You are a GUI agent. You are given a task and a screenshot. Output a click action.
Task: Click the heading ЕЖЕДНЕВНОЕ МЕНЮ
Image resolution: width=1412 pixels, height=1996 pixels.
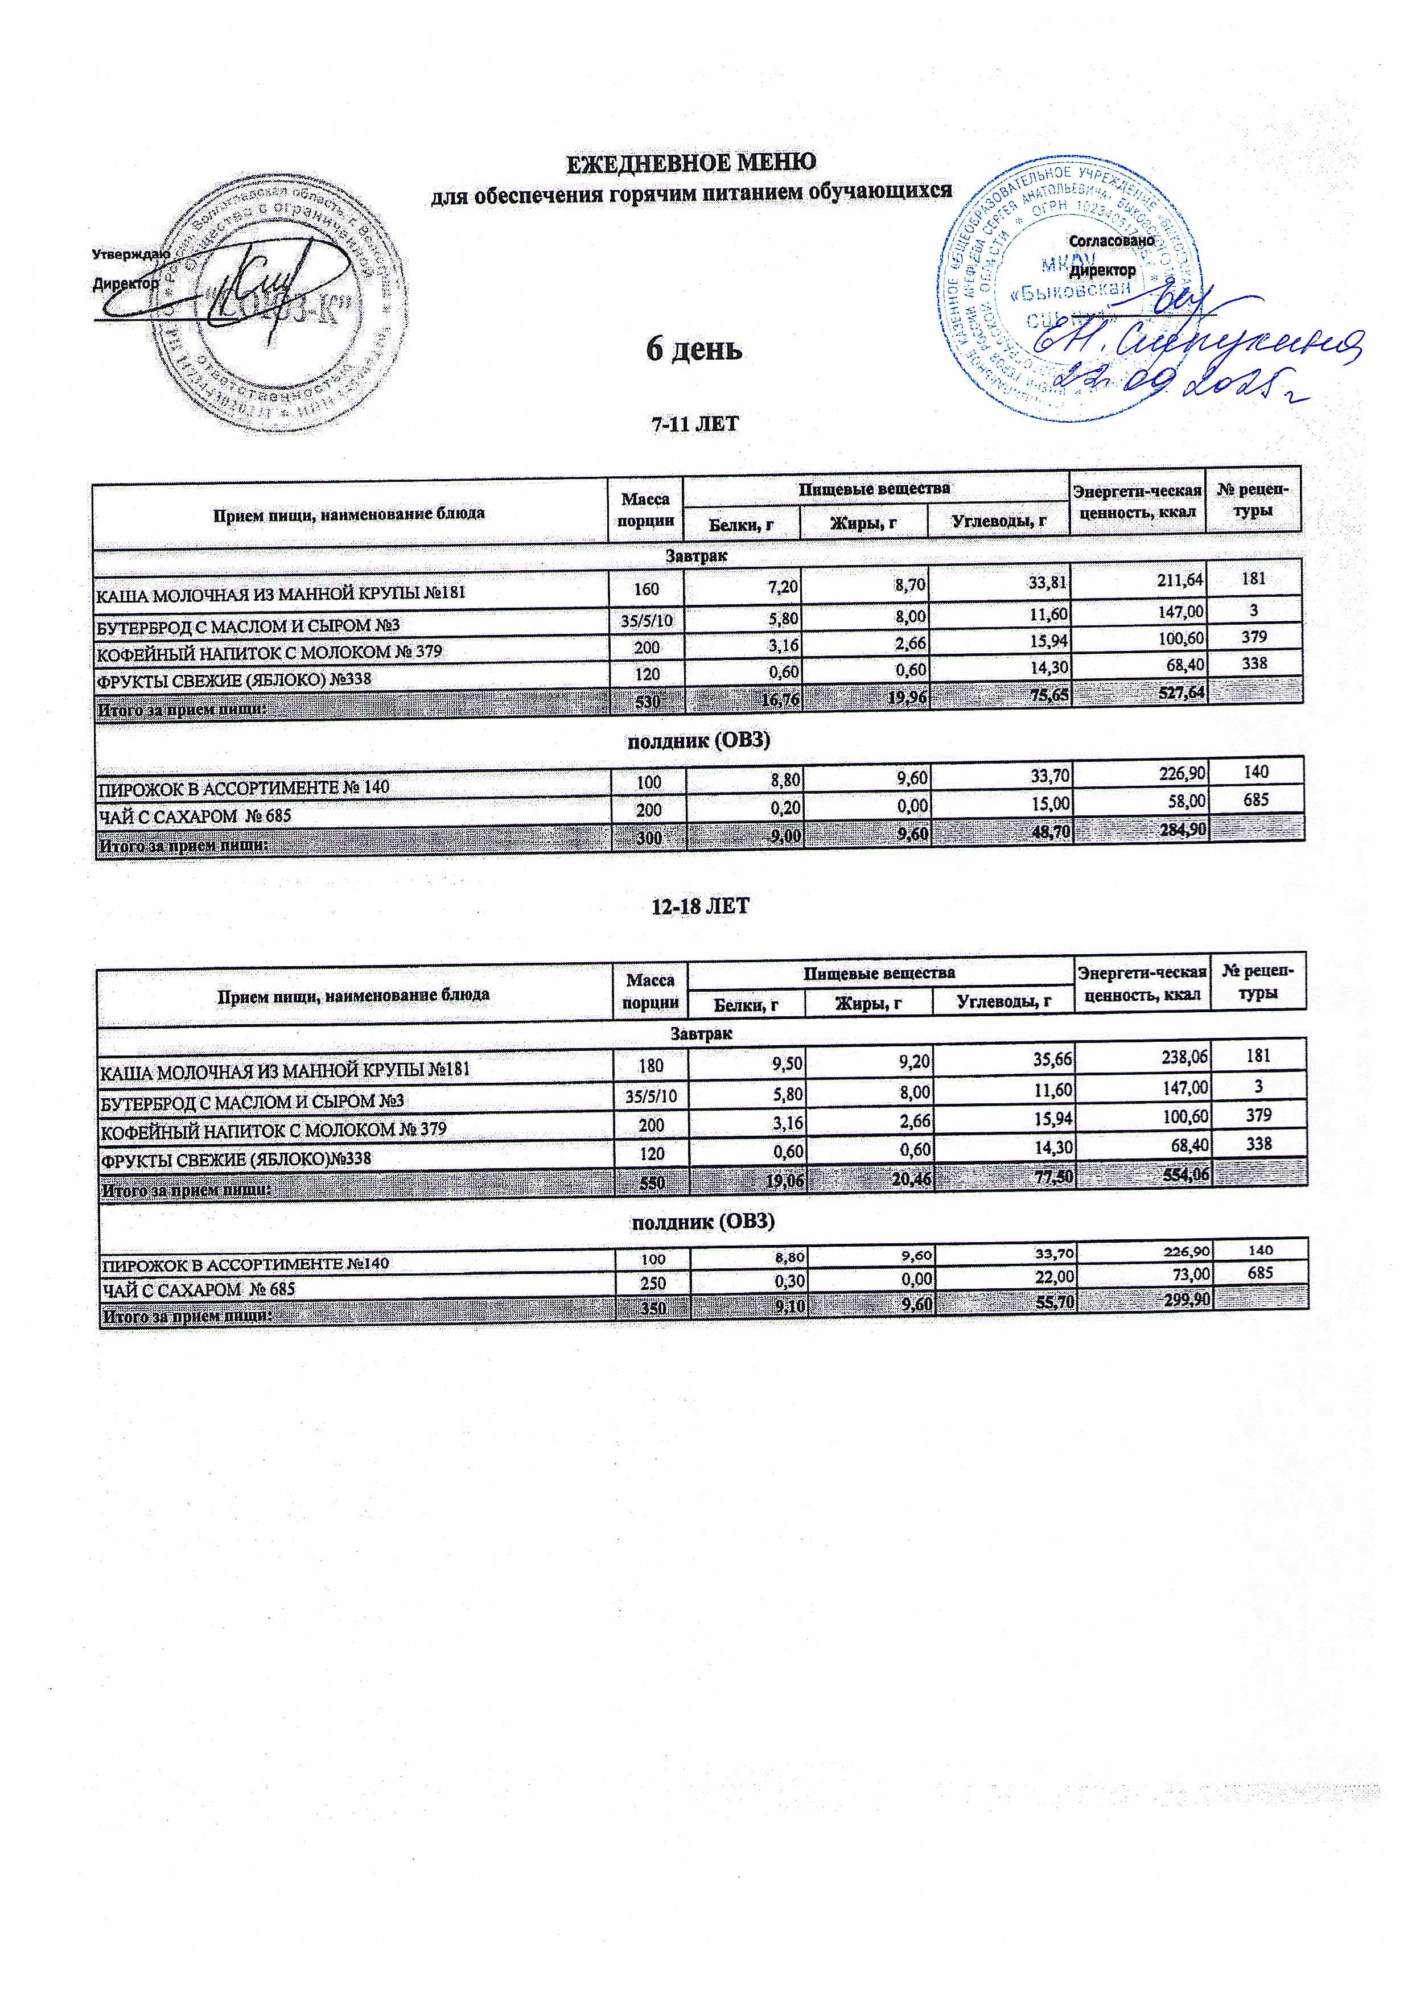tap(691, 163)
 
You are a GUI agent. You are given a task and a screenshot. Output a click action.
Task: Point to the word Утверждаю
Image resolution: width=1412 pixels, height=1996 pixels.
tap(130, 255)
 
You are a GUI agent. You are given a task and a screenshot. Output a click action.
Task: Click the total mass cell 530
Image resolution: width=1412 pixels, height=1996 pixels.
tap(648, 700)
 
